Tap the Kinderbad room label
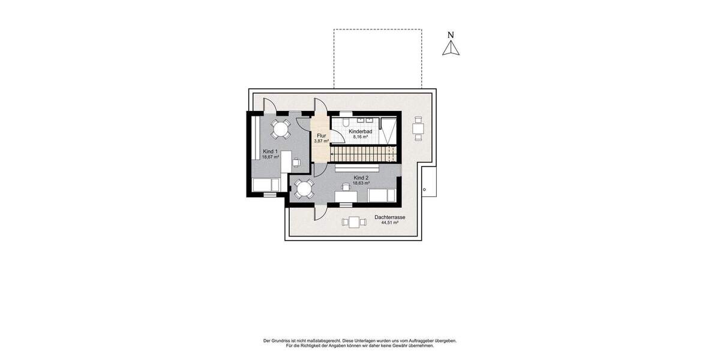click(x=361, y=131)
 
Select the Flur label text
click(x=321, y=136)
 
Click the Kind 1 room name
click(x=270, y=151)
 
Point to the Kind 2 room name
click(x=361, y=178)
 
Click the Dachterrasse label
click(x=389, y=217)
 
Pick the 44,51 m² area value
click(x=390, y=223)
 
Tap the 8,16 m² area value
click(x=361, y=137)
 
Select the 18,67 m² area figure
click(x=271, y=157)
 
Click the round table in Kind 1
click(x=280, y=128)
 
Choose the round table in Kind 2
click(x=304, y=190)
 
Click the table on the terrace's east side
click(x=418, y=128)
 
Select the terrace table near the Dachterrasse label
click(x=354, y=222)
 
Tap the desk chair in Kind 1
click(x=296, y=161)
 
